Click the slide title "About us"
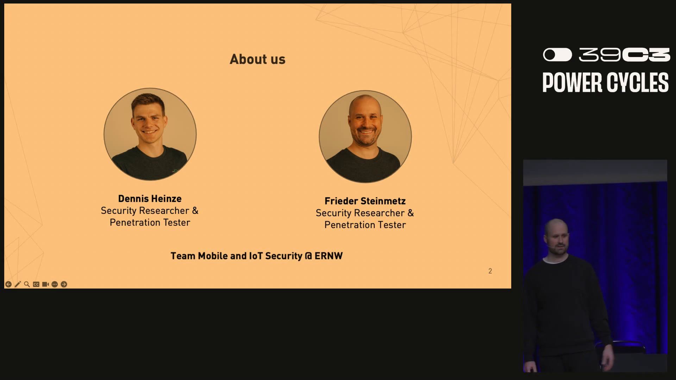point(257,59)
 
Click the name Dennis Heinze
point(150,198)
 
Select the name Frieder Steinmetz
point(365,201)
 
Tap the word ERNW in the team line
point(328,256)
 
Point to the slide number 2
point(490,271)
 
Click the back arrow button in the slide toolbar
point(8,284)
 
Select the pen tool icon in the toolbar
point(18,284)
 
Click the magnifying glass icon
point(27,284)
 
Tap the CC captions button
point(36,284)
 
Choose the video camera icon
point(45,284)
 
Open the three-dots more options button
point(55,284)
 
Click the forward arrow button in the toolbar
point(64,284)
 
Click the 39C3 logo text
point(625,55)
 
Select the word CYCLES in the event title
point(638,83)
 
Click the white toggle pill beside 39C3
point(557,55)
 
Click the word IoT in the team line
point(256,256)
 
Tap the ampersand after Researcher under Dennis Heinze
point(195,211)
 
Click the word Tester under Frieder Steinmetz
point(392,225)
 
